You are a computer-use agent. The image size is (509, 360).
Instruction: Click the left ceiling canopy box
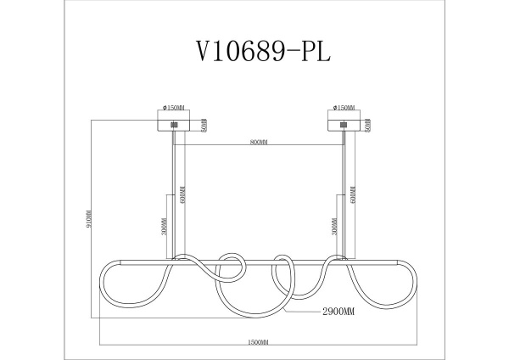(x=176, y=124)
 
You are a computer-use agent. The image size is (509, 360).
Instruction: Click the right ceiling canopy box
(x=344, y=124)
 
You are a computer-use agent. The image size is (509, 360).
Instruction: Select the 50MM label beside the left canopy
(x=204, y=125)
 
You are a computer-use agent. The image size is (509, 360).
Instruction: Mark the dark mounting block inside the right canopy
(x=343, y=125)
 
